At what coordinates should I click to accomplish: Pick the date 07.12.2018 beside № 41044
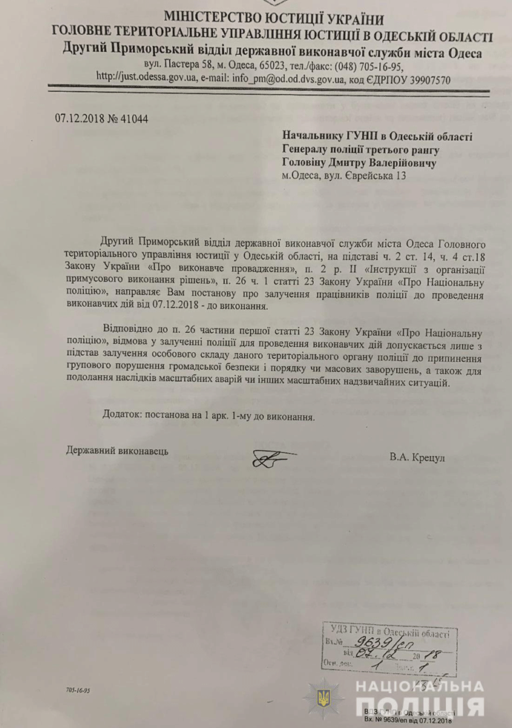(82, 118)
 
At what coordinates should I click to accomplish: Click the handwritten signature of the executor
(274, 460)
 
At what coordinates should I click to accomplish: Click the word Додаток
(122, 416)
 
